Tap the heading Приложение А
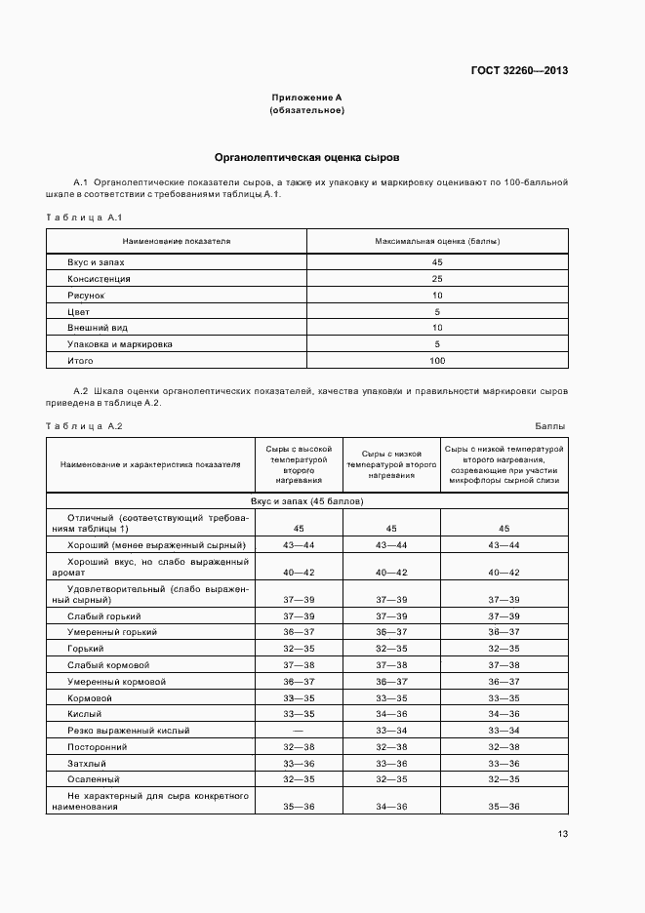(x=306, y=98)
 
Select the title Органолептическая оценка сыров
(x=306, y=157)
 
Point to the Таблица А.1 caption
(x=83, y=217)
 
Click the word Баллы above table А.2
(x=550, y=426)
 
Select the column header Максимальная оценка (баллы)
(x=436, y=240)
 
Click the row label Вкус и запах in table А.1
(x=96, y=262)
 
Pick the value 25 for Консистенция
(x=437, y=279)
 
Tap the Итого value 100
(x=437, y=361)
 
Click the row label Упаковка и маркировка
(x=120, y=344)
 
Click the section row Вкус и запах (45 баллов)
(x=306, y=500)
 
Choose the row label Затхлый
(x=87, y=763)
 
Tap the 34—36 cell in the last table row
(x=391, y=807)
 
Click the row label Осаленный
(x=94, y=779)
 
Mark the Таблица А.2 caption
(x=84, y=426)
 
